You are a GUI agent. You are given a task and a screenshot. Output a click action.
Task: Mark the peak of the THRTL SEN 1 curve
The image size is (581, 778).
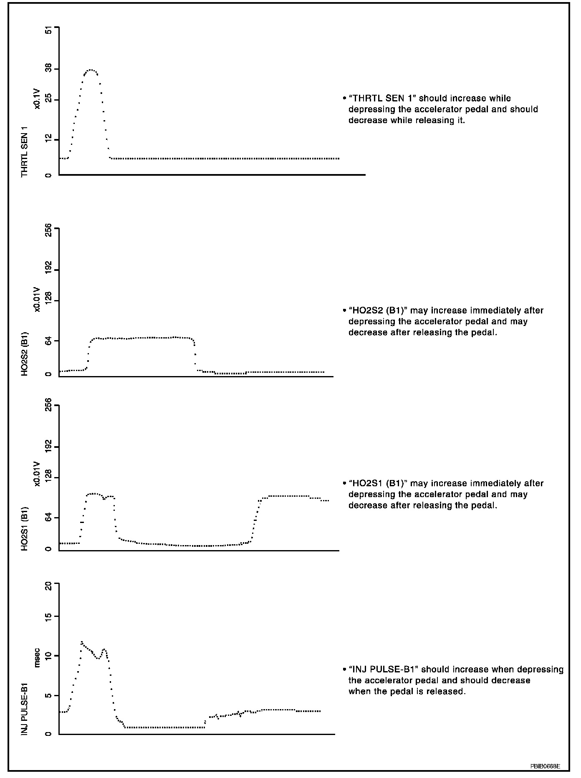click(x=91, y=70)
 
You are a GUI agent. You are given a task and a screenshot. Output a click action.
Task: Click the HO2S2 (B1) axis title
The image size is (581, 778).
click(x=25, y=354)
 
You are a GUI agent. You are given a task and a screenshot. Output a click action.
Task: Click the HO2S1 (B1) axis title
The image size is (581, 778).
click(x=25, y=529)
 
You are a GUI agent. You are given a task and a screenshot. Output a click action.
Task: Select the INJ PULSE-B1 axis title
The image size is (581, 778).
click(x=25, y=709)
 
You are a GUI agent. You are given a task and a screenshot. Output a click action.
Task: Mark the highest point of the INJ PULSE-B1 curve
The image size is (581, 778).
click(x=82, y=642)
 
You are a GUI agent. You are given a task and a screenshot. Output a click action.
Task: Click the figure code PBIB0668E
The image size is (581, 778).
click(x=545, y=766)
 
